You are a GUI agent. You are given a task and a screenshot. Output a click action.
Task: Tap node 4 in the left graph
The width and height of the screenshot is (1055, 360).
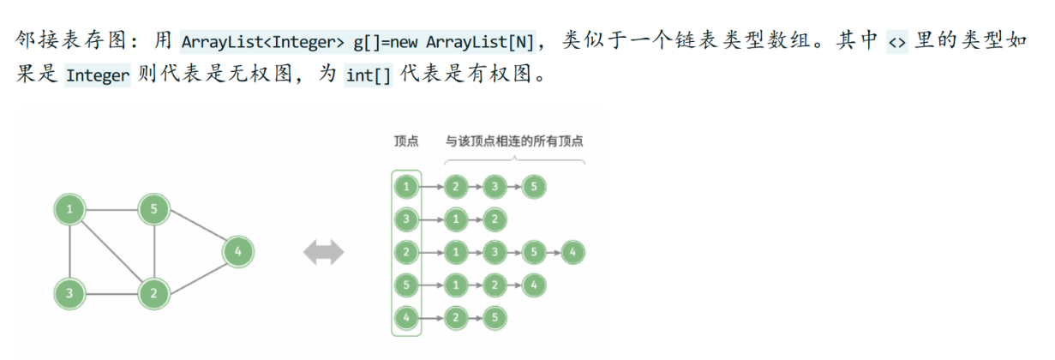coord(237,252)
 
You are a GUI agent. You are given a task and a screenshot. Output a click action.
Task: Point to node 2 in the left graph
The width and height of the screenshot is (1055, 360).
coord(153,294)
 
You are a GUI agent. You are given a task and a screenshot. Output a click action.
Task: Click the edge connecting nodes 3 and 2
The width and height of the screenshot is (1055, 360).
coord(111,294)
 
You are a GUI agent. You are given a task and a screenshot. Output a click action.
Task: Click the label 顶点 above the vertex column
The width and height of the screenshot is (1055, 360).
coord(406,141)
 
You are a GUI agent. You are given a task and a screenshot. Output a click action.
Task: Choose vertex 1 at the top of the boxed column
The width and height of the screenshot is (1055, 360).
coord(407,185)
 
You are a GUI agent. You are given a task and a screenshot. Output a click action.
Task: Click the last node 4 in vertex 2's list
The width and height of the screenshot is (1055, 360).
coord(573,252)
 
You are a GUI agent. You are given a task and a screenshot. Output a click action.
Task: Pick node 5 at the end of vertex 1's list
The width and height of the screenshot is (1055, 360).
coord(533,185)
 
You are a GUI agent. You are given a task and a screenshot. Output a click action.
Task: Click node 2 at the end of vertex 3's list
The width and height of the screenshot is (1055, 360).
coord(493,219)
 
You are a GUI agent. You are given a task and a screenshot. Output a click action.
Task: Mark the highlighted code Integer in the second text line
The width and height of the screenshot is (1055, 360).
coord(97,75)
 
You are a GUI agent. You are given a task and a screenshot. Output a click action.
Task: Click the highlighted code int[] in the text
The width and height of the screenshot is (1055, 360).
coord(368,75)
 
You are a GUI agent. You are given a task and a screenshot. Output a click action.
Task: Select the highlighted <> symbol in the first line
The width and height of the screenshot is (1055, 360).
coord(896,40)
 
